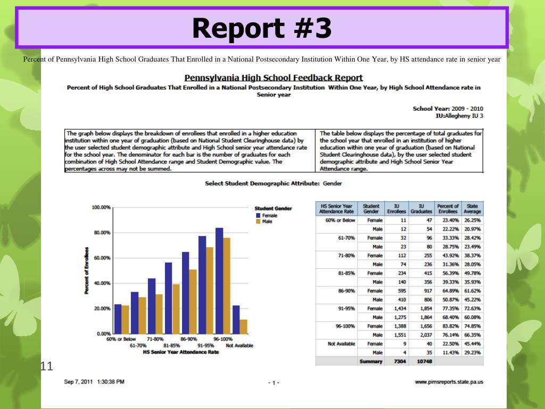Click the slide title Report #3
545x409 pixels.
coord(262,28)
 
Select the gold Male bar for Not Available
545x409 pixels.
coord(244,326)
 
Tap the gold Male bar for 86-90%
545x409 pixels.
coord(193,301)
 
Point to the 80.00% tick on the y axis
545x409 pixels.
coord(101,233)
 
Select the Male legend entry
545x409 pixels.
coord(267,222)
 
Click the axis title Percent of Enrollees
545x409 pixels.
coord(86,271)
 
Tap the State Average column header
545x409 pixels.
coord(472,209)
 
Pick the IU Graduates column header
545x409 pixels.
coord(422,209)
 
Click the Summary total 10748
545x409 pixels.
coord(422,362)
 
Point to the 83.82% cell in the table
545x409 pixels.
coord(448,325)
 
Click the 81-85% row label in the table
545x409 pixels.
coord(346,273)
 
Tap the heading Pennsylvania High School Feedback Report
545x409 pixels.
coord(274,78)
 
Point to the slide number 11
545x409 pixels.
coord(47,366)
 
